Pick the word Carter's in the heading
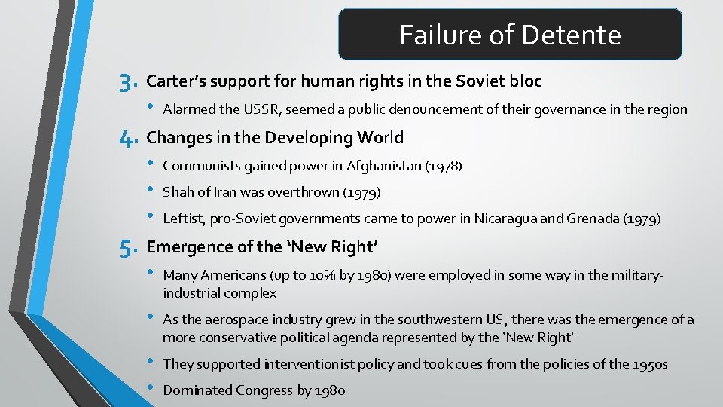point(177,81)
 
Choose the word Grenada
point(591,219)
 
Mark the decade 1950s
point(648,364)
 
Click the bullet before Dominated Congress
point(151,390)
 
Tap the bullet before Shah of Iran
point(151,191)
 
